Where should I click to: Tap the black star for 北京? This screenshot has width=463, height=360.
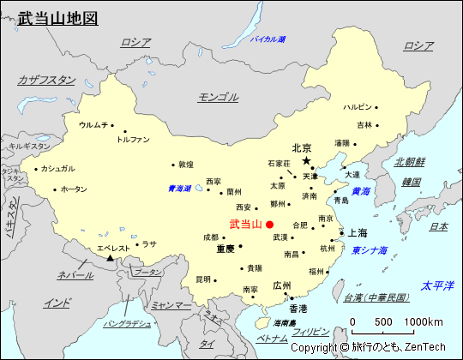point(306,160)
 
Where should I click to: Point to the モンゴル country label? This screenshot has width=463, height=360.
point(219,97)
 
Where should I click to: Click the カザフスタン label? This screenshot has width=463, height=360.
point(46,80)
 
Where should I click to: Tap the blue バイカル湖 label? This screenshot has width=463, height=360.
point(268,39)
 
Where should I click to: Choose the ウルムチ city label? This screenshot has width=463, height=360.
point(93,125)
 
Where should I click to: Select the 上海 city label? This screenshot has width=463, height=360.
point(357,233)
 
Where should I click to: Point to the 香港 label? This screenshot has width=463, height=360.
point(298,308)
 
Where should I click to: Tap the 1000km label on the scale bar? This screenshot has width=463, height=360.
point(424,321)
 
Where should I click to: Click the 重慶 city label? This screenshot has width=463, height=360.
point(225,249)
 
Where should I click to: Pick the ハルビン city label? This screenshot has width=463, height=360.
point(358,107)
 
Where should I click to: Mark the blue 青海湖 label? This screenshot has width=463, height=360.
point(179,189)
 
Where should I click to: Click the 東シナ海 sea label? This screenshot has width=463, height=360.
point(370,250)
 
